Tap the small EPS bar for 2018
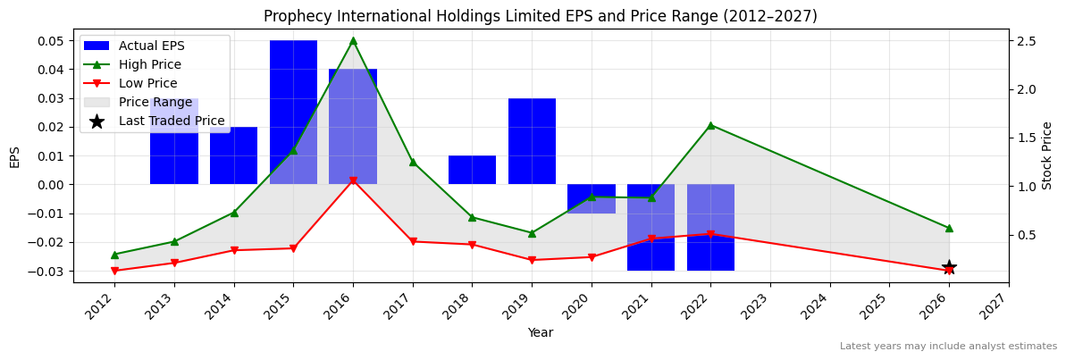pyautogui.click(x=472, y=170)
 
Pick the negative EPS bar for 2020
pyautogui.click(x=592, y=199)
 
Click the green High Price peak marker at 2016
pyautogui.click(x=353, y=40)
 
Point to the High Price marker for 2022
pyautogui.click(x=710, y=125)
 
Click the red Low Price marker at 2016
pyautogui.click(x=353, y=180)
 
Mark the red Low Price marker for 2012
pyautogui.click(x=114, y=271)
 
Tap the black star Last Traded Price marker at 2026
pyautogui.click(x=949, y=268)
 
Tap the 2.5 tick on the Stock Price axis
pyautogui.click(x=1026, y=41)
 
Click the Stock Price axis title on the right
pyautogui.click(x=1047, y=155)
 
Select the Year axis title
pyautogui.click(x=540, y=332)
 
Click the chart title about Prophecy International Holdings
pyautogui.click(x=540, y=16)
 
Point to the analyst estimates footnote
pyautogui.click(x=948, y=346)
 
